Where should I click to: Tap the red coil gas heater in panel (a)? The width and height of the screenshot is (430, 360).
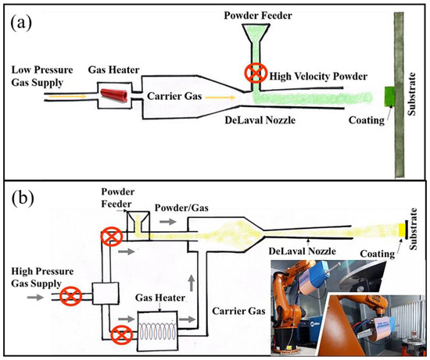(115, 97)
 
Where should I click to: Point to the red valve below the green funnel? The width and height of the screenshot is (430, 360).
(255, 73)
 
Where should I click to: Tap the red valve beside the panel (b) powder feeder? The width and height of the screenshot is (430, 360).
(111, 235)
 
